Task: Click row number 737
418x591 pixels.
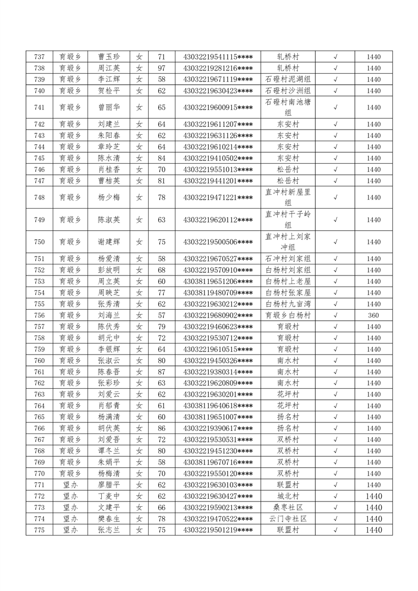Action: (39, 57)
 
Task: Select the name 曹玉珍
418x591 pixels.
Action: (109, 57)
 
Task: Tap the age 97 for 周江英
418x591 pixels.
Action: (162, 68)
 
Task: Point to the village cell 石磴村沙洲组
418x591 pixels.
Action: (288, 91)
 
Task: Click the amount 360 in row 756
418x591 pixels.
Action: (373, 316)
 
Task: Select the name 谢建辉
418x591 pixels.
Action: (109, 242)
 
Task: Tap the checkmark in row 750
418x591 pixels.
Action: (335, 242)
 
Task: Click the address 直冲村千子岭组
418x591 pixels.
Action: (288, 220)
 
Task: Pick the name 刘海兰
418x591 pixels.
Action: (109, 316)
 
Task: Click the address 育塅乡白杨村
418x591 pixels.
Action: (288, 316)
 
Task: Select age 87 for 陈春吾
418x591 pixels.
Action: (162, 372)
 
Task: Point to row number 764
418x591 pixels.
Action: (39, 406)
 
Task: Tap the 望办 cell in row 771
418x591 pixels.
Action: (70, 485)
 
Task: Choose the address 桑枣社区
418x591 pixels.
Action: (288, 507)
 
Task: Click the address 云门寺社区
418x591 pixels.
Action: (288, 518)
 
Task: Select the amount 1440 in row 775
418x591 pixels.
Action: (373, 530)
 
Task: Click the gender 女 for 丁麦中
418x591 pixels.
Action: (139, 496)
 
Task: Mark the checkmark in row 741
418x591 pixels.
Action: (335, 107)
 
